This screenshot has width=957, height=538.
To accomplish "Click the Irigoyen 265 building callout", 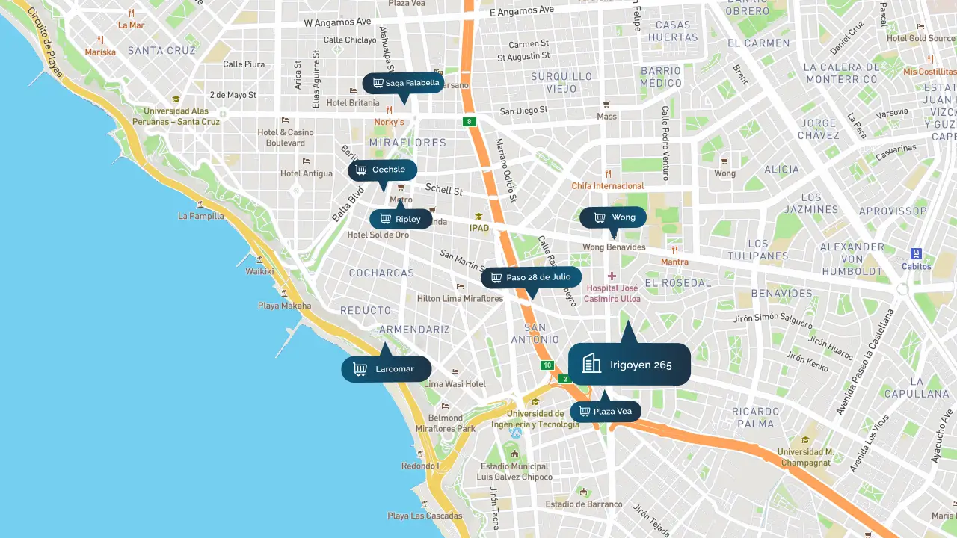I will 629,365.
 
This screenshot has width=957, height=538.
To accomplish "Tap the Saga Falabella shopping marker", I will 404,83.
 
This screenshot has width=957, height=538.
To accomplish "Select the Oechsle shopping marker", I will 382,170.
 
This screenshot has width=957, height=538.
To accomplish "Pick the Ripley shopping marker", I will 401,219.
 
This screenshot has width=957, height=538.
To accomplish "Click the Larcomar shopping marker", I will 387,369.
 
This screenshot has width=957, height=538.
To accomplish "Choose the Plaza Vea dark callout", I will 606,412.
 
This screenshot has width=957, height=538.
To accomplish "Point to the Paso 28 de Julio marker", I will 531,277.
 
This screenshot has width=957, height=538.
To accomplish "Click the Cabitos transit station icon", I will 916,254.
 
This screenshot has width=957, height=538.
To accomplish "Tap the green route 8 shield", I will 469,122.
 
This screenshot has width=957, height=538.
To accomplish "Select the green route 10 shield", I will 547,365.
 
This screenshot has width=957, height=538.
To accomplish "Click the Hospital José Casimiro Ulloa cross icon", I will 612,276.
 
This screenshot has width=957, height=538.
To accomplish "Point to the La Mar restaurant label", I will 132,25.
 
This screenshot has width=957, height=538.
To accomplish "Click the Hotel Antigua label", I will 307,173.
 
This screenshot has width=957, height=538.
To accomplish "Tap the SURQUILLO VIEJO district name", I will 561,82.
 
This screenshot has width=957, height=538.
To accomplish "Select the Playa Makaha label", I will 284,306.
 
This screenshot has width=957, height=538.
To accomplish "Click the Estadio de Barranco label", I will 584,504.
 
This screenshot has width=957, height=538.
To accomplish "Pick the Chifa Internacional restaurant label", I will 608,185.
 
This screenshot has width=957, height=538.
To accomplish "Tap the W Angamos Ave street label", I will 338,22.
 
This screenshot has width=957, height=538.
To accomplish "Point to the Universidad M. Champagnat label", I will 805,457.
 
